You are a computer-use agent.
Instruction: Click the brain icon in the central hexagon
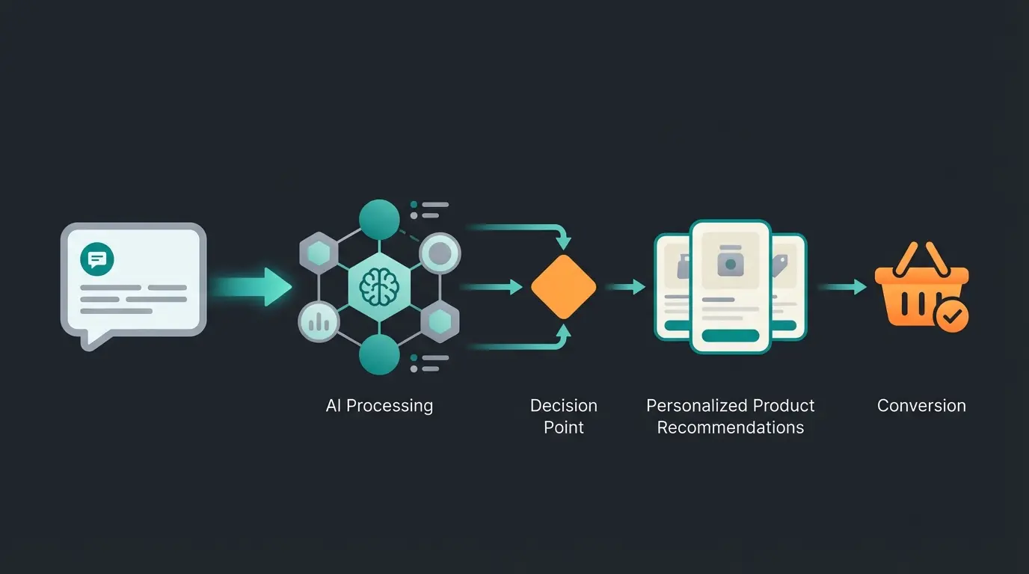379,286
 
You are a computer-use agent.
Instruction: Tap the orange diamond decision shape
563,287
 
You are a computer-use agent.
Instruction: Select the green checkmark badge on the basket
951,317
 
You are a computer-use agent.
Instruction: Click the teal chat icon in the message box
97,259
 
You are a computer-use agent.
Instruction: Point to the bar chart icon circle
319,322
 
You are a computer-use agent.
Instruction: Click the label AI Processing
379,406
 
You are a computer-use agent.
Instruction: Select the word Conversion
921,406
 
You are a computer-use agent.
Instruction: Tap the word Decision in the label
563,406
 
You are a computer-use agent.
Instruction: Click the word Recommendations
730,428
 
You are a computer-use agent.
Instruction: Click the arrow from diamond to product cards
625,286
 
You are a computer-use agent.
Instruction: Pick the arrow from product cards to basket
843,286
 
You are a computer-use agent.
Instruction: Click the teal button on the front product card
730,336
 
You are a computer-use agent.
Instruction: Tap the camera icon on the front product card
730,263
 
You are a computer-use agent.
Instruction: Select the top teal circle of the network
379,218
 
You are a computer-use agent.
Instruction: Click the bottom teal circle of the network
379,354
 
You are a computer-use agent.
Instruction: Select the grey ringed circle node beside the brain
439,255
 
